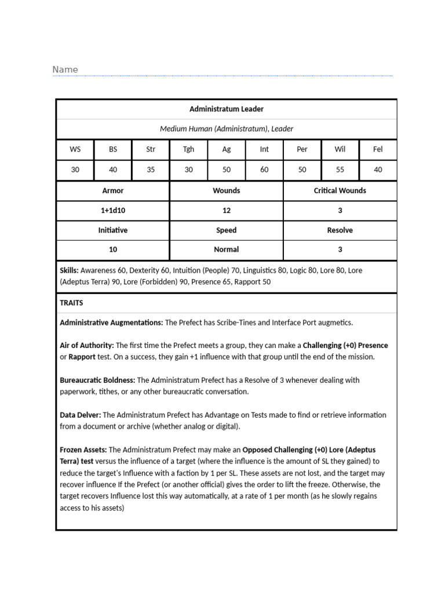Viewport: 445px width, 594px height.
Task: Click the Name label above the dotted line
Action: (x=65, y=70)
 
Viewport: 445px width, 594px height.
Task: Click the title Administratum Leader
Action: (x=227, y=109)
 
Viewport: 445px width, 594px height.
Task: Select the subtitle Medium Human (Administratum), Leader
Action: (x=227, y=129)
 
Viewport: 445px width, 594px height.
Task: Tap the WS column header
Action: (x=75, y=149)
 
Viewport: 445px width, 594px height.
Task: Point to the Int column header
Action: (x=264, y=149)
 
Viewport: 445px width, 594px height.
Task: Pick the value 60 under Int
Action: (x=264, y=170)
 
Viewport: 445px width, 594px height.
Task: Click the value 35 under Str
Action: (x=151, y=170)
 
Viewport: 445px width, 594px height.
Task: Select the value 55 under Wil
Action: (x=340, y=170)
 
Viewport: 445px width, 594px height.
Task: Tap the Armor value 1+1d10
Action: (x=113, y=211)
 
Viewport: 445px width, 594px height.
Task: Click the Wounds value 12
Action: (x=227, y=211)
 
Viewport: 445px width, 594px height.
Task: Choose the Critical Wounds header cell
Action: (x=340, y=190)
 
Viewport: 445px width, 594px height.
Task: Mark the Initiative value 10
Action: (x=113, y=249)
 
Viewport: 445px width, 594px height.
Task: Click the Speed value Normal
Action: (x=227, y=249)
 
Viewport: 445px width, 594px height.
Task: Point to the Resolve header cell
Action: (x=340, y=230)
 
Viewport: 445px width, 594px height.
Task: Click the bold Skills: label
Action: (x=70, y=270)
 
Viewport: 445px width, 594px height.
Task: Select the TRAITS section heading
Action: (x=72, y=303)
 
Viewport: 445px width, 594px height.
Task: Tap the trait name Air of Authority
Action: (x=86, y=345)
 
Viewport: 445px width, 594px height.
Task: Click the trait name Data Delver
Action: (x=81, y=415)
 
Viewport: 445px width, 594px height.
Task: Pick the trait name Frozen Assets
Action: (x=83, y=450)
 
